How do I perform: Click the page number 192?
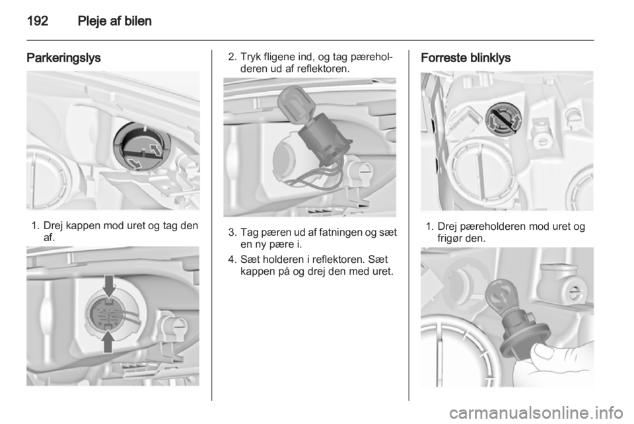[38, 21]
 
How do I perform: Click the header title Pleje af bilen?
[114, 21]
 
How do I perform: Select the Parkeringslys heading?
[63, 58]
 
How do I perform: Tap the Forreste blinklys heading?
[466, 58]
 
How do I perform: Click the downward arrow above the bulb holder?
[109, 285]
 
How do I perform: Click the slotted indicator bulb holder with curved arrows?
[503, 120]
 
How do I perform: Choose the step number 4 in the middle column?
[231, 260]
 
